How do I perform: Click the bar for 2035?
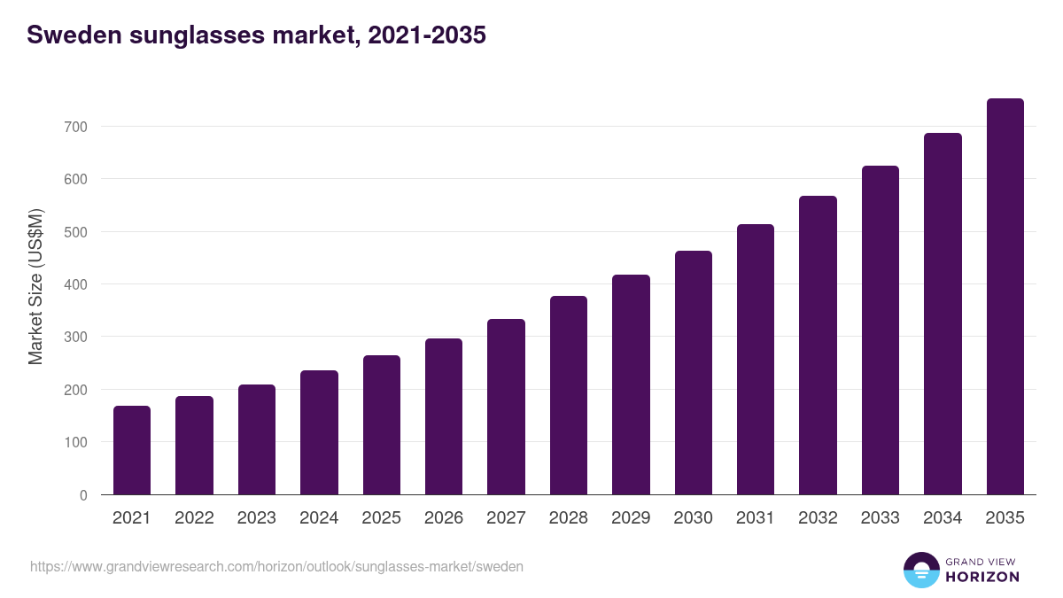pos(1005,297)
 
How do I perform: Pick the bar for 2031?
pos(756,360)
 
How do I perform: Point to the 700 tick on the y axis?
pos(76,127)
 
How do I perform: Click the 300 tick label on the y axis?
pos(76,338)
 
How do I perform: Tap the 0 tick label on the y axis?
pos(83,495)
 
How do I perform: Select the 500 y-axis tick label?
pos(76,232)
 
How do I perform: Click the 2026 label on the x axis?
pos(444,518)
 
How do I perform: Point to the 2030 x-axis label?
pos(693,518)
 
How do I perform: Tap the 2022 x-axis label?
pos(194,518)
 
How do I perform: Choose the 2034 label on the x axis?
pos(943,518)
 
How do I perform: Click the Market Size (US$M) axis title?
pos(35,286)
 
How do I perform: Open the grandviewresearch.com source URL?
pos(277,566)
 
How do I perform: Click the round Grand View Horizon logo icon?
pos(920,570)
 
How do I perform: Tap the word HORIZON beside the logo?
pos(982,577)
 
